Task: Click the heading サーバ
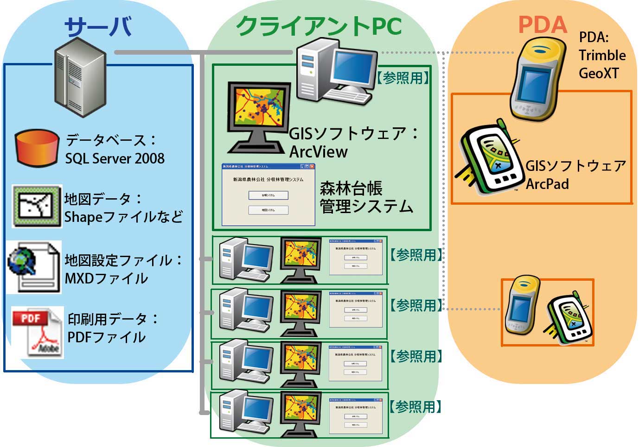click(x=98, y=26)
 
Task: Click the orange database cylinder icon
click(x=37, y=148)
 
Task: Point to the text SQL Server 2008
click(x=115, y=158)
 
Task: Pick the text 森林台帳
click(x=351, y=189)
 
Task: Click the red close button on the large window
click(x=312, y=166)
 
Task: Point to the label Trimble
click(x=602, y=55)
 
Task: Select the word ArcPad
click(x=547, y=183)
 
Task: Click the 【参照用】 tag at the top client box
click(x=403, y=78)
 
